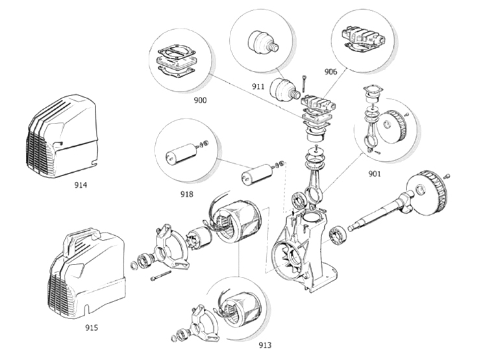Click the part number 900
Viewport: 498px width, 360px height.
point(200,101)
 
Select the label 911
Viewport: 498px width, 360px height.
point(258,86)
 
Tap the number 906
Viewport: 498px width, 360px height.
point(330,72)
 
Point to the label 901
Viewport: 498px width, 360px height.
point(375,174)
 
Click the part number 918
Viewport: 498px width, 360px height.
point(187,194)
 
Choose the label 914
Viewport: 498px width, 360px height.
point(81,185)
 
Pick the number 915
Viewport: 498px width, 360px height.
point(92,328)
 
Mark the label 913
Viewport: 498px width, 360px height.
point(265,345)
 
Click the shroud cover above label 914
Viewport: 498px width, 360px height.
point(62,136)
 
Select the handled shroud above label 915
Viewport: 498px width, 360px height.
point(86,274)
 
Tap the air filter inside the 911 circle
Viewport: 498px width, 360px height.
point(263,42)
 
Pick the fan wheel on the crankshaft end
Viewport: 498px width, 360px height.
point(427,192)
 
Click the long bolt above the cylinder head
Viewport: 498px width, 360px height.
point(305,84)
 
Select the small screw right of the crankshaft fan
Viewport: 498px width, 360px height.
point(448,175)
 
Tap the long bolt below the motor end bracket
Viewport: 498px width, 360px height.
point(161,275)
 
